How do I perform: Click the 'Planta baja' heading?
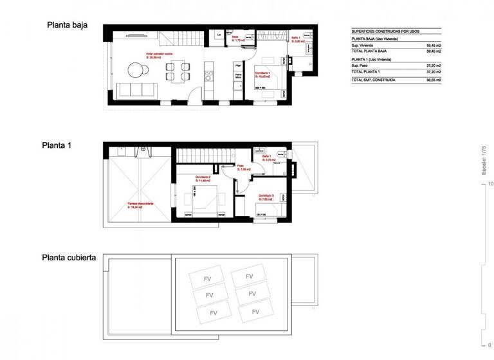point(67,26)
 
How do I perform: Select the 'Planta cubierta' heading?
point(69,257)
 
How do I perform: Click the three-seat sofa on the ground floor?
point(136,89)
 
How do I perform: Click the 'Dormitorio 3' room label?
point(266,195)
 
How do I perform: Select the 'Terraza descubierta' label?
point(140,204)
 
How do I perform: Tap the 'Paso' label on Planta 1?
point(240,165)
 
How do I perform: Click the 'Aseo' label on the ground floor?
point(235,37)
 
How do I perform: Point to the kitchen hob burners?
point(208,76)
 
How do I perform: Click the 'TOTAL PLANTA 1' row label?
point(366,72)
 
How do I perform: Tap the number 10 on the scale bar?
point(490,184)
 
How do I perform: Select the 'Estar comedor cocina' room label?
point(159,54)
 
